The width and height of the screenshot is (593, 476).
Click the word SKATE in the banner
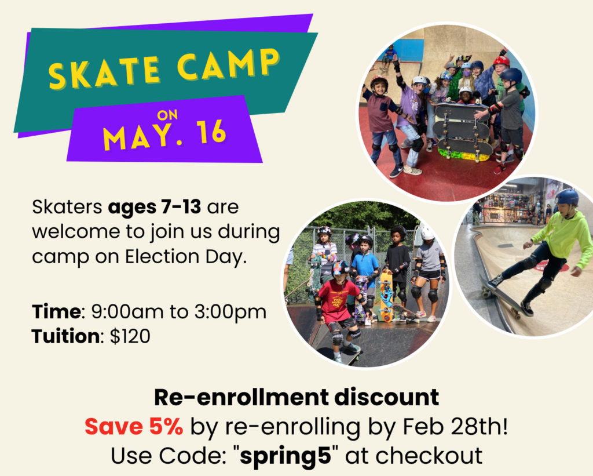[104, 72]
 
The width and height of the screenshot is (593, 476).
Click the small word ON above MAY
[167, 115]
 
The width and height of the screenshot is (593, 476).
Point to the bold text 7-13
[181, 207]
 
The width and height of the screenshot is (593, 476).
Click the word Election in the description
[163, 257]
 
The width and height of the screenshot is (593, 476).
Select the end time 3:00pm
[230, 313]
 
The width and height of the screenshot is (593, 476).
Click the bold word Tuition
[66, 336]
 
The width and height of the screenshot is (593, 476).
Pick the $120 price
[130, 336]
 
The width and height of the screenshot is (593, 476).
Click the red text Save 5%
[134, 426]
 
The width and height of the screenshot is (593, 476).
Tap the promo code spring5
[285, 456]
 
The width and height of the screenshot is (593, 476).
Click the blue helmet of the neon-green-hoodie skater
[567, 197]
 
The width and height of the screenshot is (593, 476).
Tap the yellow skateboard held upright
[386, 295]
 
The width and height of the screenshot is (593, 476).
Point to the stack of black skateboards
[463, 130]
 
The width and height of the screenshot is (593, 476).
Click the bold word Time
[56, 312]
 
